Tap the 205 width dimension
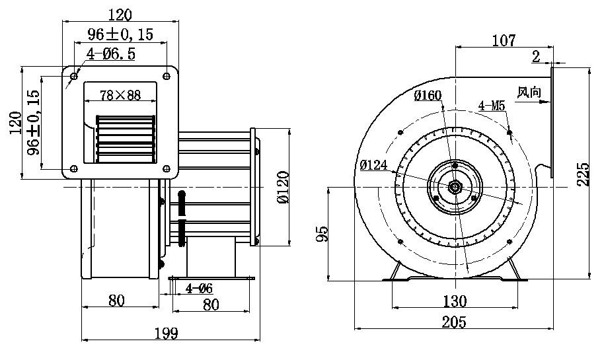(454, 322)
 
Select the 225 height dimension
(583, 174)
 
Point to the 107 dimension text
(504, 40)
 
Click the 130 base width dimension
(454, 301)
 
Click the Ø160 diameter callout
(428, 96)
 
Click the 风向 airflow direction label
(529, 92)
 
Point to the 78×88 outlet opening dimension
(120, 95)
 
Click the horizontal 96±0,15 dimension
(120, 35)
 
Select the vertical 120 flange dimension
(16, 122)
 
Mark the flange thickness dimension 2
(535, 57)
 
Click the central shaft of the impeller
(455, 187)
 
